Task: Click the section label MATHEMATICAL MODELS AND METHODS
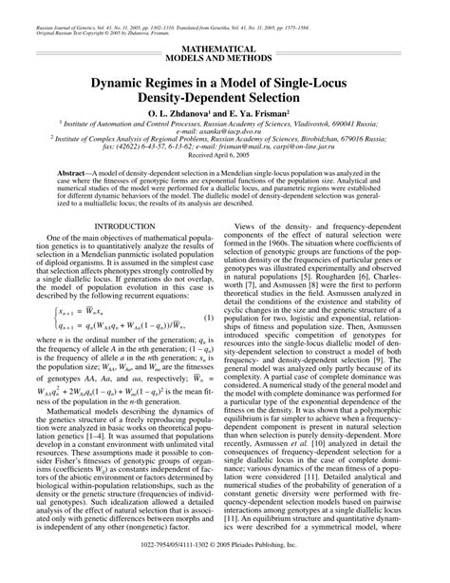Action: click(225, 52)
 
